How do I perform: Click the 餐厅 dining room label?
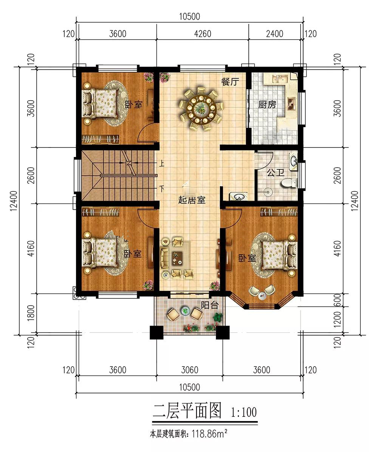tap(230, 82)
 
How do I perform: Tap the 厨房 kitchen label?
tap(267, 104)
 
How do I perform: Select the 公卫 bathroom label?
tap(276, 173)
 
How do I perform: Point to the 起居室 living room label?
tap(192, 200)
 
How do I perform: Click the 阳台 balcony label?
tap(209, 305)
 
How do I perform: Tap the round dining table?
tap(201, 108)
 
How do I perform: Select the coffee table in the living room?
tap(177, 258)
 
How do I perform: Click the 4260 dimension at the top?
tap(203, 34)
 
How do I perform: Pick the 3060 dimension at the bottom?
tap(190, 370)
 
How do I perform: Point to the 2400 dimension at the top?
tap(274, 34)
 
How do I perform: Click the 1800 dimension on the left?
tap(31, 313)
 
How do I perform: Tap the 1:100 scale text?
tap(244, 412)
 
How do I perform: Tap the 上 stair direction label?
tap(162, 164)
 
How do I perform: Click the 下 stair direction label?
tap(162, 189)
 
